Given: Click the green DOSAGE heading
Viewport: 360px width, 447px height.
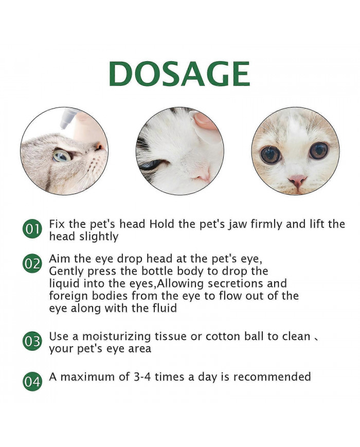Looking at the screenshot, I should coord(179,75).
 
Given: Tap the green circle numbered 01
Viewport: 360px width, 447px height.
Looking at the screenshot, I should coord(32,229).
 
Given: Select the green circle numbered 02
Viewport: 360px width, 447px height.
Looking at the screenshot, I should coord(32,264).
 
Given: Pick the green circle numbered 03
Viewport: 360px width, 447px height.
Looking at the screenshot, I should coord(32,342).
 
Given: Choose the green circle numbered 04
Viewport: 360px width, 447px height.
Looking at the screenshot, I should coord(32,382).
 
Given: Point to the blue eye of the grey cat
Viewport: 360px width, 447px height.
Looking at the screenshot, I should coord(61,155).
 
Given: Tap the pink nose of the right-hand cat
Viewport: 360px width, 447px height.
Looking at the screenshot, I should coord(297,180).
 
